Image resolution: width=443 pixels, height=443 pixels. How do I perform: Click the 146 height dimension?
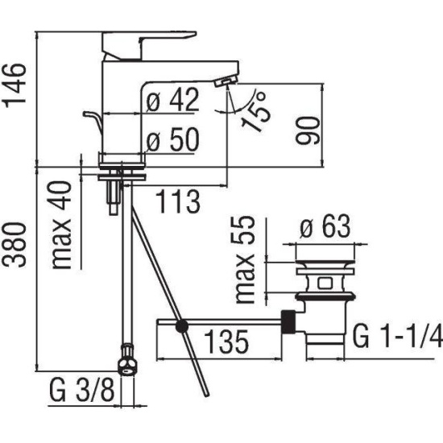pos(14,85)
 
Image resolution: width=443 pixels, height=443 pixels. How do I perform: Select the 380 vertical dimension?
pos(14,245)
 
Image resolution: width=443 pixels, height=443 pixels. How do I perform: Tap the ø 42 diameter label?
pos(173,100)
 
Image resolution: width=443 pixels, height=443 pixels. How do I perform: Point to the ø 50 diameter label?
pos(173,139)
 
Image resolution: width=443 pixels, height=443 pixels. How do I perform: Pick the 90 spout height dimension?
pos(308,130)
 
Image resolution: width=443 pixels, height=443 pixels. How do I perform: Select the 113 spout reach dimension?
pos(178,201)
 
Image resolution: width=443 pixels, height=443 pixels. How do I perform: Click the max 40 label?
pos(61,225)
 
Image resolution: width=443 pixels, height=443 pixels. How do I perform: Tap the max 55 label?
pos(245,260)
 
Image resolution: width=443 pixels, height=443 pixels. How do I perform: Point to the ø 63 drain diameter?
pos(325,226)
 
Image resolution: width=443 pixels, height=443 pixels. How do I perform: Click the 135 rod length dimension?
pos(226,342)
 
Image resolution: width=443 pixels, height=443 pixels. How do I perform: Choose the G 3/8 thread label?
pos(82,390)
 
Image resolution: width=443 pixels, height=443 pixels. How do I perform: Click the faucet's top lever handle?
pos(149,45)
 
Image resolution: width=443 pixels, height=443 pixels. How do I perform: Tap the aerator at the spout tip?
pos(226,82)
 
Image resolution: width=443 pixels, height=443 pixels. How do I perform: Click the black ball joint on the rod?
pos(182,327)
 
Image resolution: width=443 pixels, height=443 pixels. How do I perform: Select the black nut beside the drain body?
pos(288,322)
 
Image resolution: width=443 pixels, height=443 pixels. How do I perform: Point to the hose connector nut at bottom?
pos(127,360)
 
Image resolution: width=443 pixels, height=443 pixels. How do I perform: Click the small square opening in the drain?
pos(325,284)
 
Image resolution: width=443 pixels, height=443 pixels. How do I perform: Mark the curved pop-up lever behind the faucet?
pos(93,120)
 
